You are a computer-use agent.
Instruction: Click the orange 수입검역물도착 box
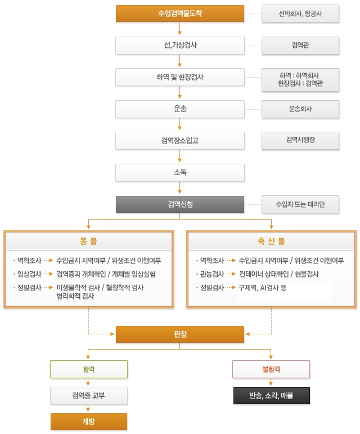[180, 14]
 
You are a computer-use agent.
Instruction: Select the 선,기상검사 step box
[180, 45]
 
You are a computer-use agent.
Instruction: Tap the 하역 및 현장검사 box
[180, 77]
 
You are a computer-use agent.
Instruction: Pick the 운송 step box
[180, 109]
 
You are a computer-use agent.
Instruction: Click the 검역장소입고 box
[180, 141]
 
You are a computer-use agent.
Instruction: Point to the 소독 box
[180, 172]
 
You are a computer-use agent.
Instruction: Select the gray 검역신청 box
[180, 204]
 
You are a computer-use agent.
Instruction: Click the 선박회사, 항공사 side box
[300, 14]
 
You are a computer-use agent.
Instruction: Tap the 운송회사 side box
[300, 109]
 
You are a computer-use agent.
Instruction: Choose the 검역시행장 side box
[300, 141]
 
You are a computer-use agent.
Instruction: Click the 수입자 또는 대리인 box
[300, 204]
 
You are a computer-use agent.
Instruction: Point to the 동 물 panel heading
[88, 241]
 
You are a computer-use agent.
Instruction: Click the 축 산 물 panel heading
[271, 241]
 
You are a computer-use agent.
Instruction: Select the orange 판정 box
[180, 334]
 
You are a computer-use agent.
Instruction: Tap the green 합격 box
[89, 369]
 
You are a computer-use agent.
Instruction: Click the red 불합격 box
[271, 369]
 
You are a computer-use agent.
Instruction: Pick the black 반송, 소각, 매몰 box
[271, 396]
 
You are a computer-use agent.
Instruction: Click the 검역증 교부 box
[89, 396]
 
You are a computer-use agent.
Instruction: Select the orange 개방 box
[89, 421]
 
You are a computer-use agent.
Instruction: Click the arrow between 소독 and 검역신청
[180, 188]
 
